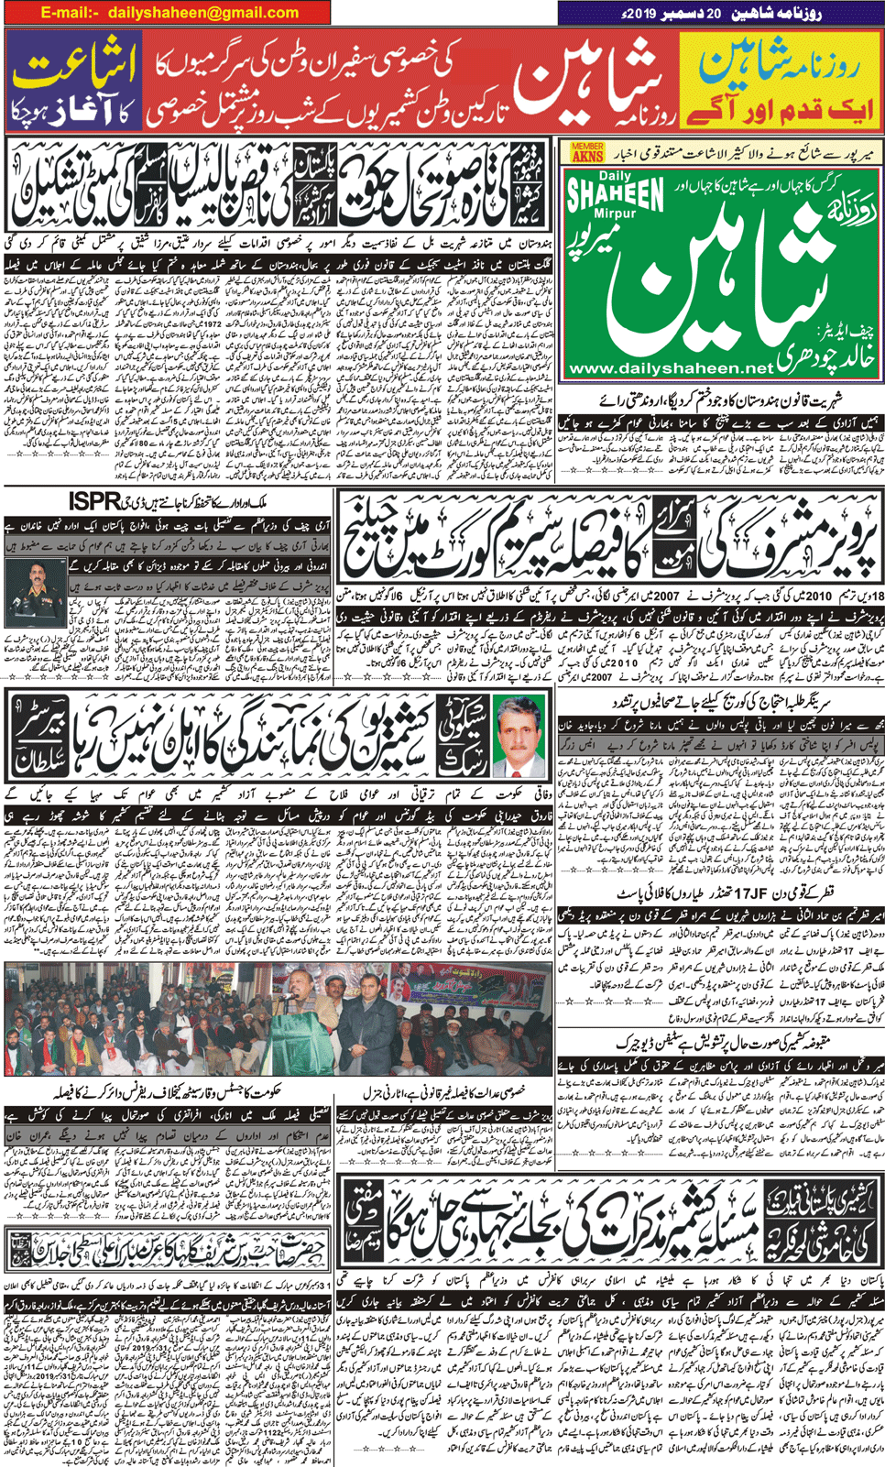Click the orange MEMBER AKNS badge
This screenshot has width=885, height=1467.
click(x=587, y=152)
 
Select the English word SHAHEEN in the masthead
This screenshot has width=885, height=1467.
click(x=615, y=194)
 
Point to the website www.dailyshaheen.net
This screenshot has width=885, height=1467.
click(x=671, y=367)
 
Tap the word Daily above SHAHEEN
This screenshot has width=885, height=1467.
click(x=615, y=175)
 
